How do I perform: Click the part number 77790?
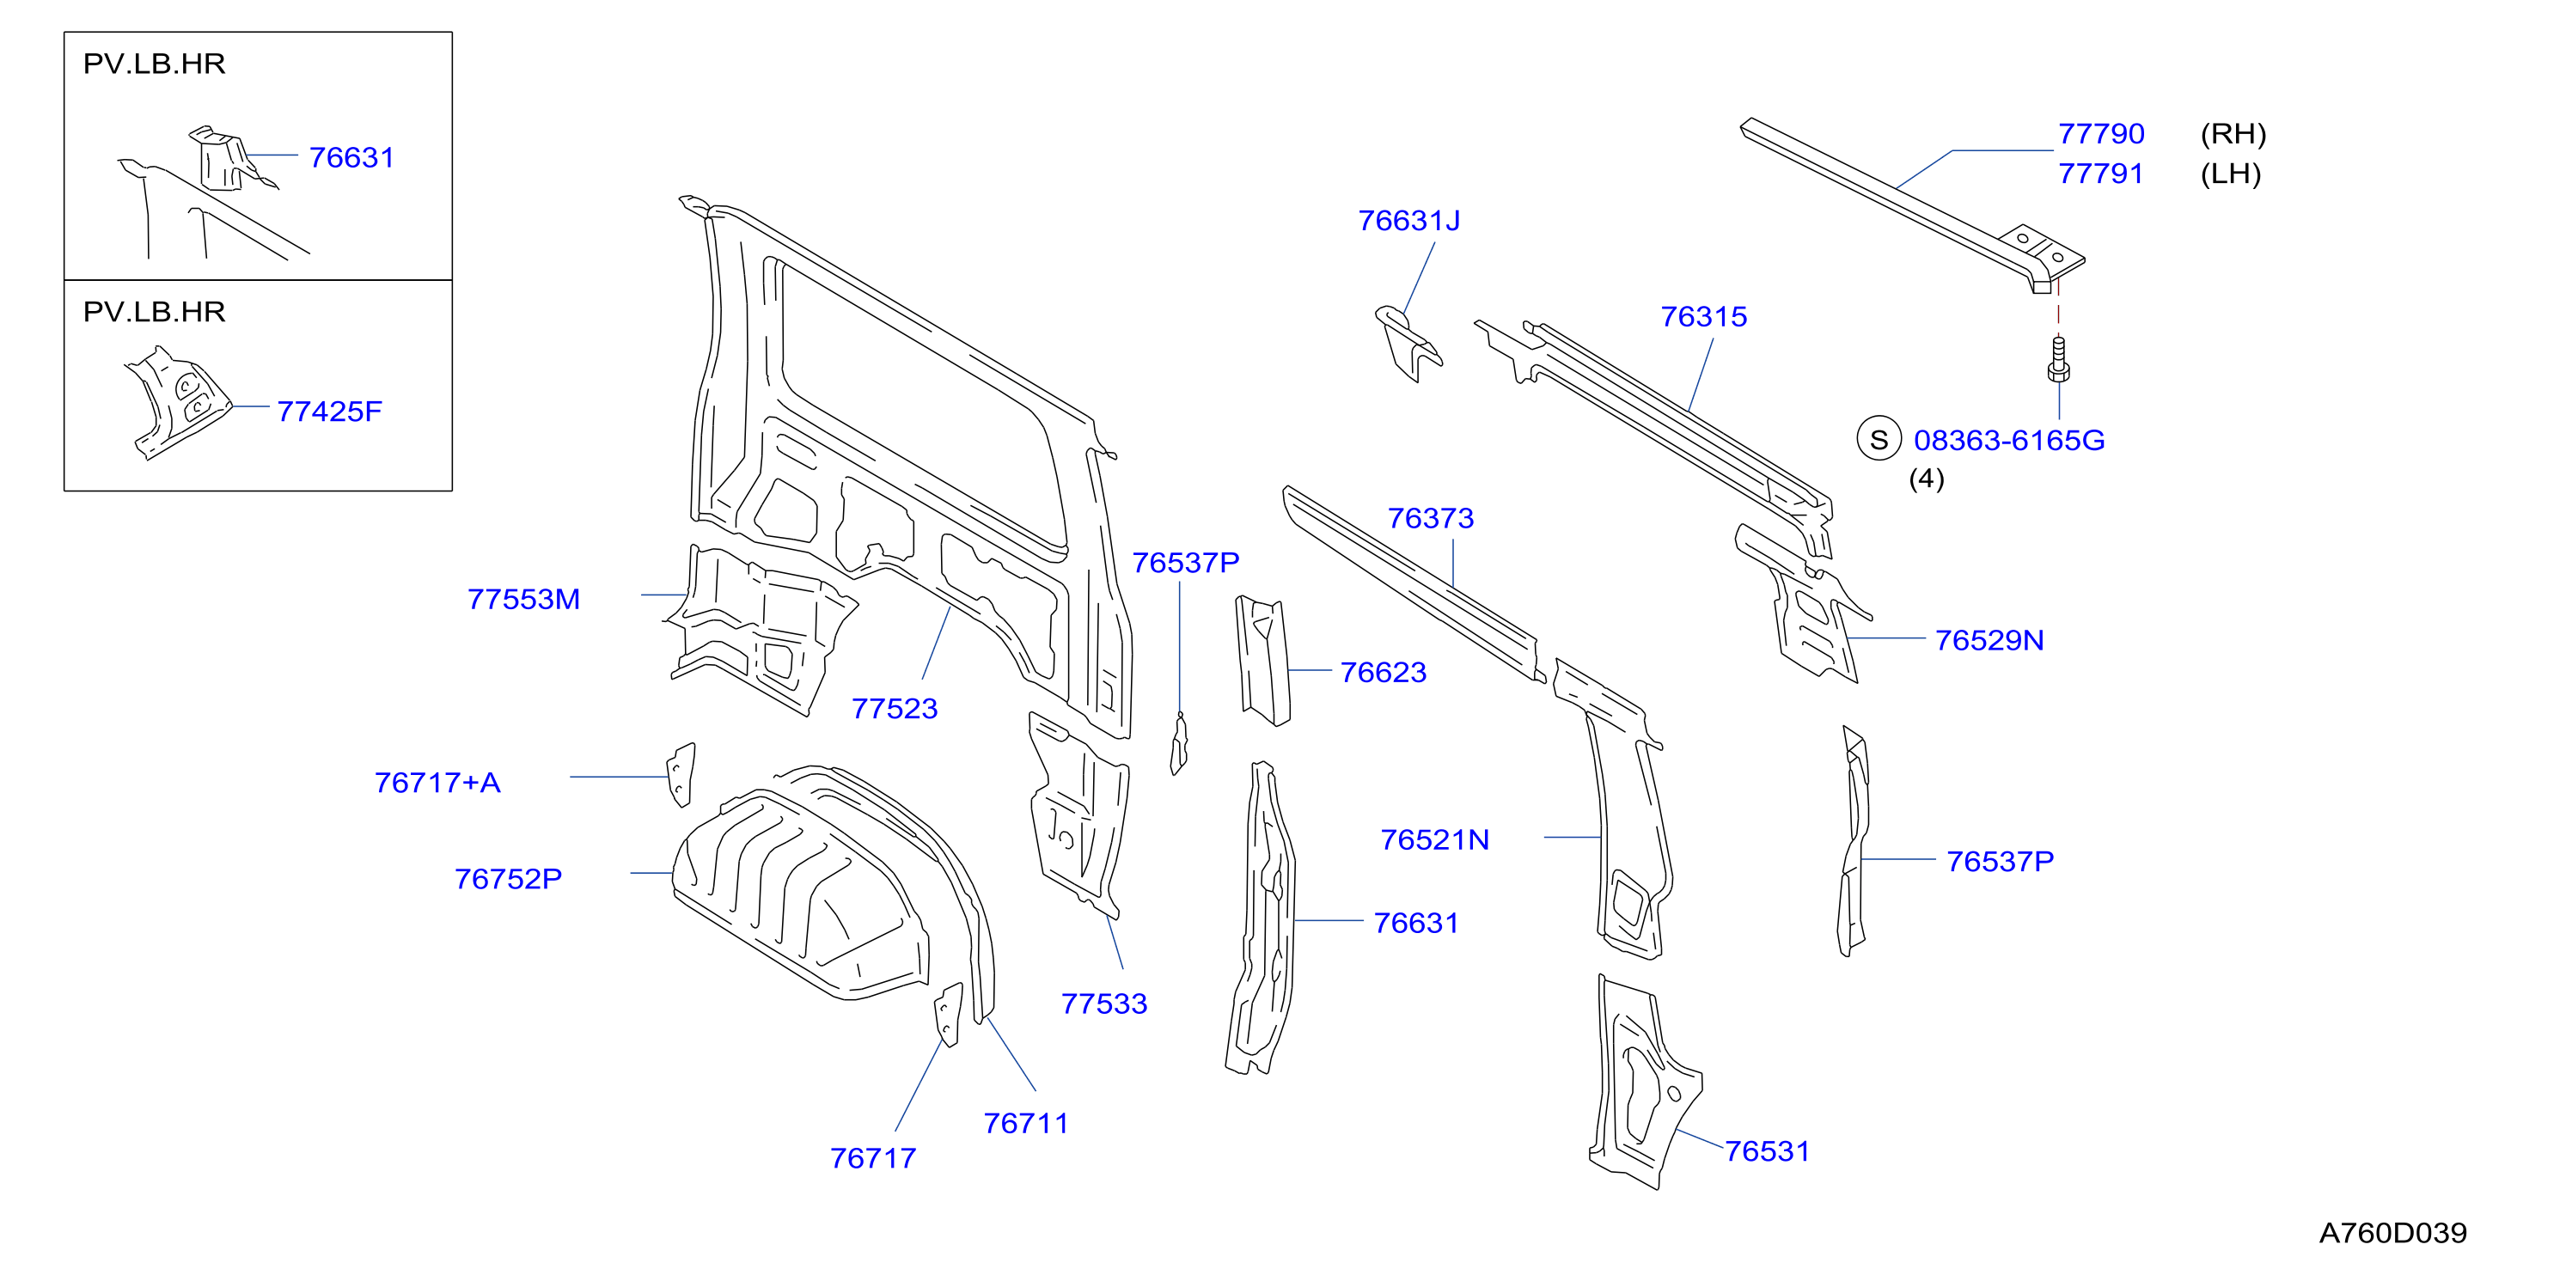pyautogui.click(x=2101, y=133)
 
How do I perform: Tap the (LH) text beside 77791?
pyautogui.click(x=2230, y=174)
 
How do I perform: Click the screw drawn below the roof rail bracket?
pyautogui.click(x=2058, y=360)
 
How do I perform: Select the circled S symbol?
pyautogui.click(x=1879, y=439)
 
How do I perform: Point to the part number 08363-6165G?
pyautogui.click(x=2009, y=440)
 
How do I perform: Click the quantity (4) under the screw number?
pyautogui.click(x=1926, y=479)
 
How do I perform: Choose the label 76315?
pyautogui.click(x=1703, y=317)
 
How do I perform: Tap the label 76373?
pyautogui.click(x=1431, y=518)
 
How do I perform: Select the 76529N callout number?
pyautogui.click(x=1989, y=640)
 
